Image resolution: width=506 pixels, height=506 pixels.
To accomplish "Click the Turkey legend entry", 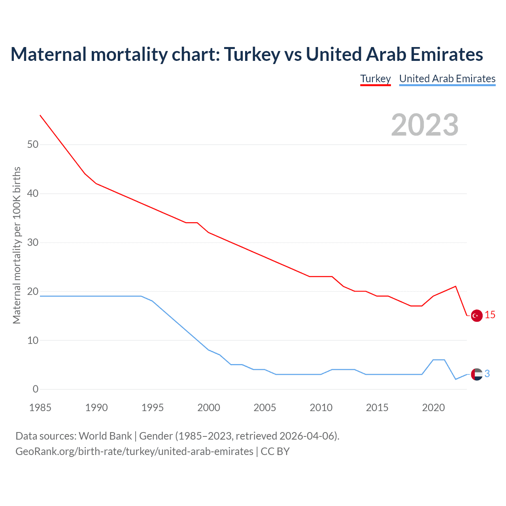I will point(375,79).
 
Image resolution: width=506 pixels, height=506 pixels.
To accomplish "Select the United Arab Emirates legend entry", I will point(447,79).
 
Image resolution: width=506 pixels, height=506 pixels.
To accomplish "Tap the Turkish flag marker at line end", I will point(477,315).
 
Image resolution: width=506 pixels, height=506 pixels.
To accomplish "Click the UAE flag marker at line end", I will point(477,374).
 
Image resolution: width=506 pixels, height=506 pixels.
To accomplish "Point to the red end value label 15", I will point(490,315).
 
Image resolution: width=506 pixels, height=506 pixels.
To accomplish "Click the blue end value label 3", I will point(487,374).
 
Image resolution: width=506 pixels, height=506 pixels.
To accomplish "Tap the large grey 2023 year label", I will point(425,125).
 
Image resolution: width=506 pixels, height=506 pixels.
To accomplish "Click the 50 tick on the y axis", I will point(33,145).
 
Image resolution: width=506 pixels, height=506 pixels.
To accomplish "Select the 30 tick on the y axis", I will point(33,242).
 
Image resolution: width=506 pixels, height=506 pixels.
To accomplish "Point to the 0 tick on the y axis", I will point(36,389).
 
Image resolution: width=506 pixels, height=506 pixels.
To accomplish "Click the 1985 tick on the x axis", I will point(40,408).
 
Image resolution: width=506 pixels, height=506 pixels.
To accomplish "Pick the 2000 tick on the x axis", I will point(209,408).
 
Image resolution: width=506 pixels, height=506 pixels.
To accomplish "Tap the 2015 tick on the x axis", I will point(377,408).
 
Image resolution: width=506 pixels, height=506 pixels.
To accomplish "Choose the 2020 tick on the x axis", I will point(433,408).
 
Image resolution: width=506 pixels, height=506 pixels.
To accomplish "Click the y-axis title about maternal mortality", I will point(17,245).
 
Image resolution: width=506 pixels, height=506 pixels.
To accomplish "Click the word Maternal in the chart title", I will point(48,54).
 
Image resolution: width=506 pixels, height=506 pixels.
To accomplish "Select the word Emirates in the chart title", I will point(446,54).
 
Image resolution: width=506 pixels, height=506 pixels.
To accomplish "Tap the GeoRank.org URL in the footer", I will point(134,451).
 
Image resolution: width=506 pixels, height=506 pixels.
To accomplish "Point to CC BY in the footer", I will point(275,451).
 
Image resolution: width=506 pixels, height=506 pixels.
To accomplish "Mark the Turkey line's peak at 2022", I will point(456,286).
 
